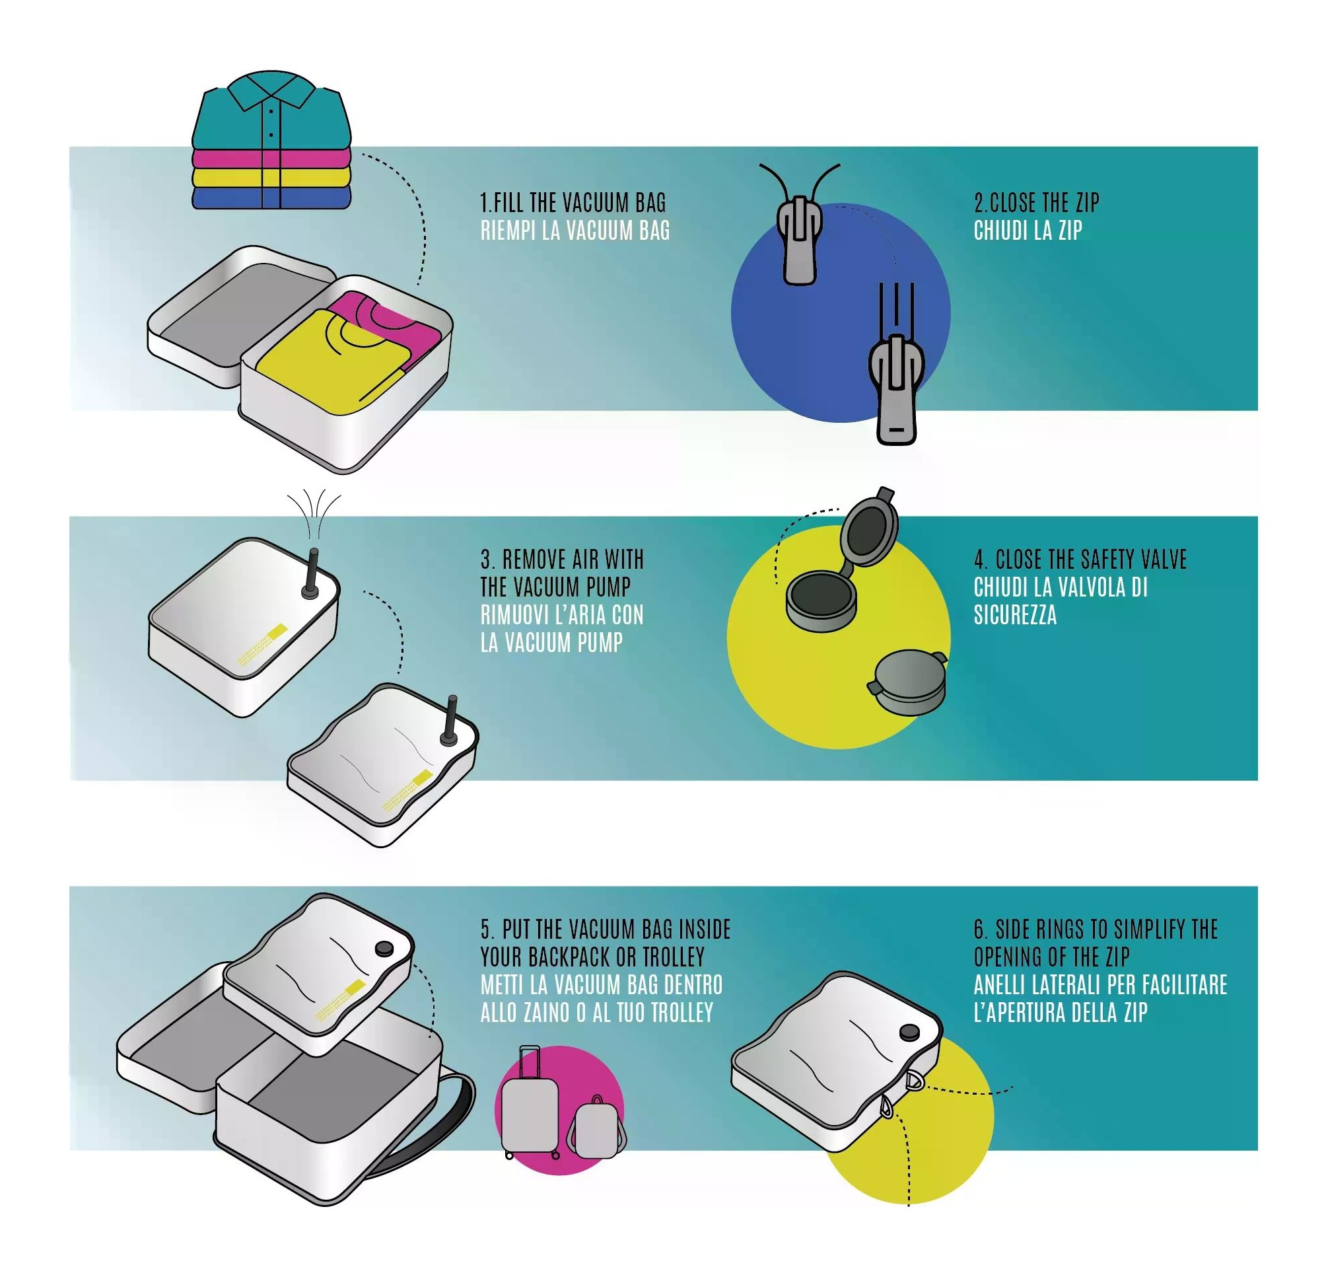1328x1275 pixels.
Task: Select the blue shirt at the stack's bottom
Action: coord(271,198)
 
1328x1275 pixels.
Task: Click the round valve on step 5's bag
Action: coord(384,949)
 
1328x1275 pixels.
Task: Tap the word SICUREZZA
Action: coord(1015,615)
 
